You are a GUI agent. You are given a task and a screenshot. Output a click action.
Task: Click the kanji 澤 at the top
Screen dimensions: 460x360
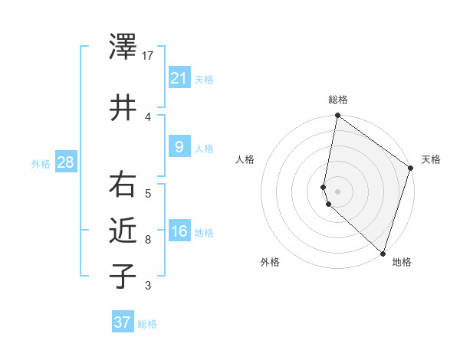coord(123,48)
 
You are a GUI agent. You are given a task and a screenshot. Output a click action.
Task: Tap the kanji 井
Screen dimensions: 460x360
coord(123,108)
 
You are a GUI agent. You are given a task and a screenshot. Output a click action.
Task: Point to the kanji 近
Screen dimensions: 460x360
coord(123,229)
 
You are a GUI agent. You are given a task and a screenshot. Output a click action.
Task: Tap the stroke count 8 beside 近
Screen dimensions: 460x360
coord(149,240)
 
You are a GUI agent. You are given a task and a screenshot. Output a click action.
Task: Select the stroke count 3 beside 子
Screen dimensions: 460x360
coord(149,286)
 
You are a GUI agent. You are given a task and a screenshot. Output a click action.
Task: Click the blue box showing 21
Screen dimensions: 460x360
coord(179,77)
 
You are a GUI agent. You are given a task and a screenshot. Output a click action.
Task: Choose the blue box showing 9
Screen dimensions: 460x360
coord(179,146)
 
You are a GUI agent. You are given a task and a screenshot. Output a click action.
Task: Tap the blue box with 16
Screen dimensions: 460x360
coord(179,231)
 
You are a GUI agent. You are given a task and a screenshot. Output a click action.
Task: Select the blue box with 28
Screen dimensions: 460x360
coord(65,162)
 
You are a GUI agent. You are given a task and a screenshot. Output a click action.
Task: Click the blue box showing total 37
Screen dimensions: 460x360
coord(123,322)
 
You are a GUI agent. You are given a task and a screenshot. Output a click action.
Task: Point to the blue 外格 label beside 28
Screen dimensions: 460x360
coord(41,163)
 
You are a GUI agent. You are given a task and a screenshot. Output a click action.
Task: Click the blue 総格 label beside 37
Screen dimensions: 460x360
coord(147,324)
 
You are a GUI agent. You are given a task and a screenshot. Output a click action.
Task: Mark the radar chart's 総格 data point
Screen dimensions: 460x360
coord(337,116)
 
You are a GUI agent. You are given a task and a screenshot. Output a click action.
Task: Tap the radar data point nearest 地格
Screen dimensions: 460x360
coord(383,254)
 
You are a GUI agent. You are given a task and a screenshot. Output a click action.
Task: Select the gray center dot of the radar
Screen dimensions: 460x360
coord(337,191)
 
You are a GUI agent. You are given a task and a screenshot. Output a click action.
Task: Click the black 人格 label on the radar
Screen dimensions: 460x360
coord(245,159)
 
